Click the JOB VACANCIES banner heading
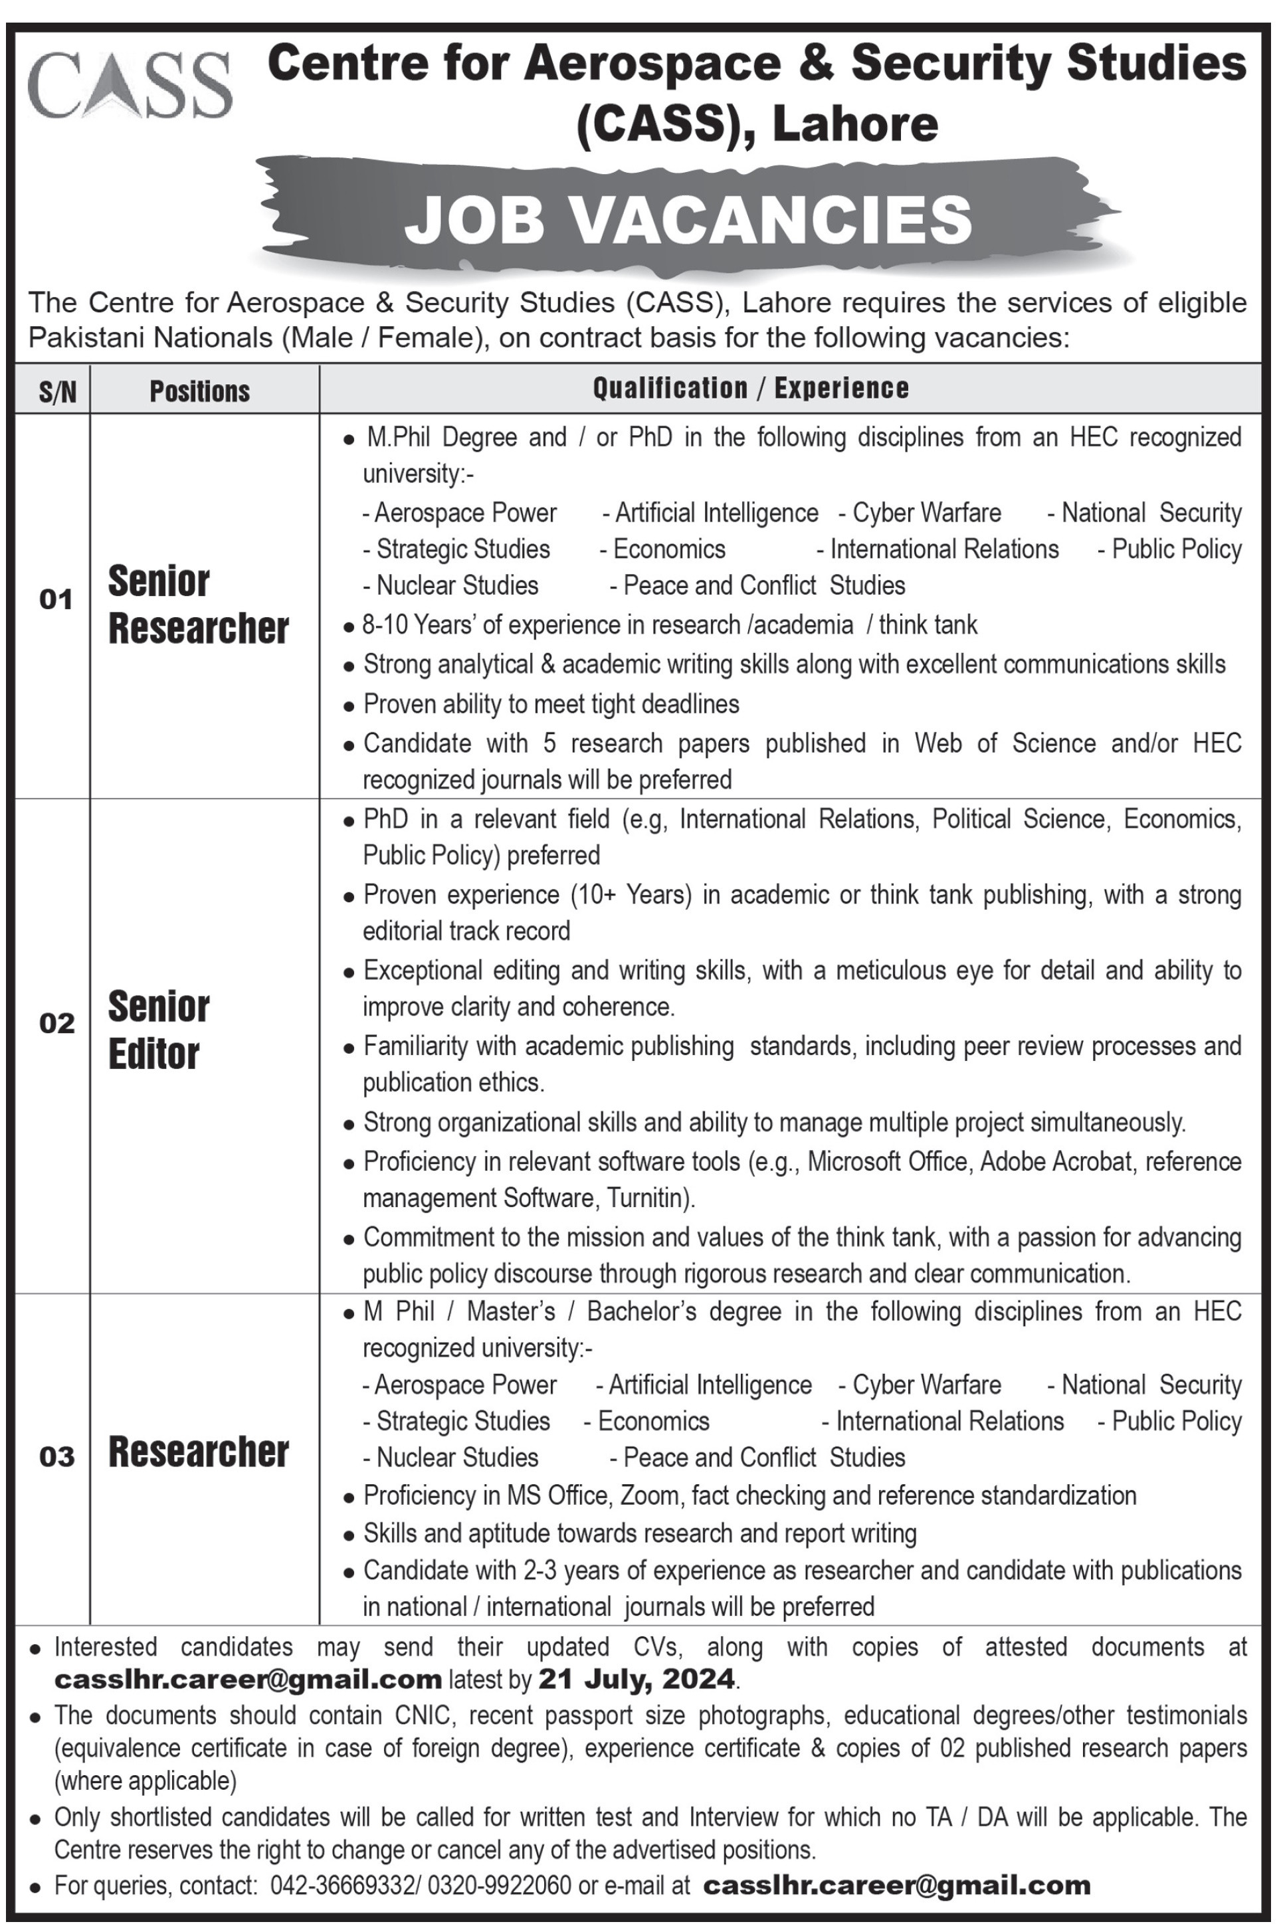click(x=688, y=219)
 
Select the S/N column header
click(x=57, y=391)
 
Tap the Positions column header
click(x=200, y=391)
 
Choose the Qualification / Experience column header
click(x=750, y=388)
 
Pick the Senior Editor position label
click(x=159, y=1030)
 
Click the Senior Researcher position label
click(x=198, y=605)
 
